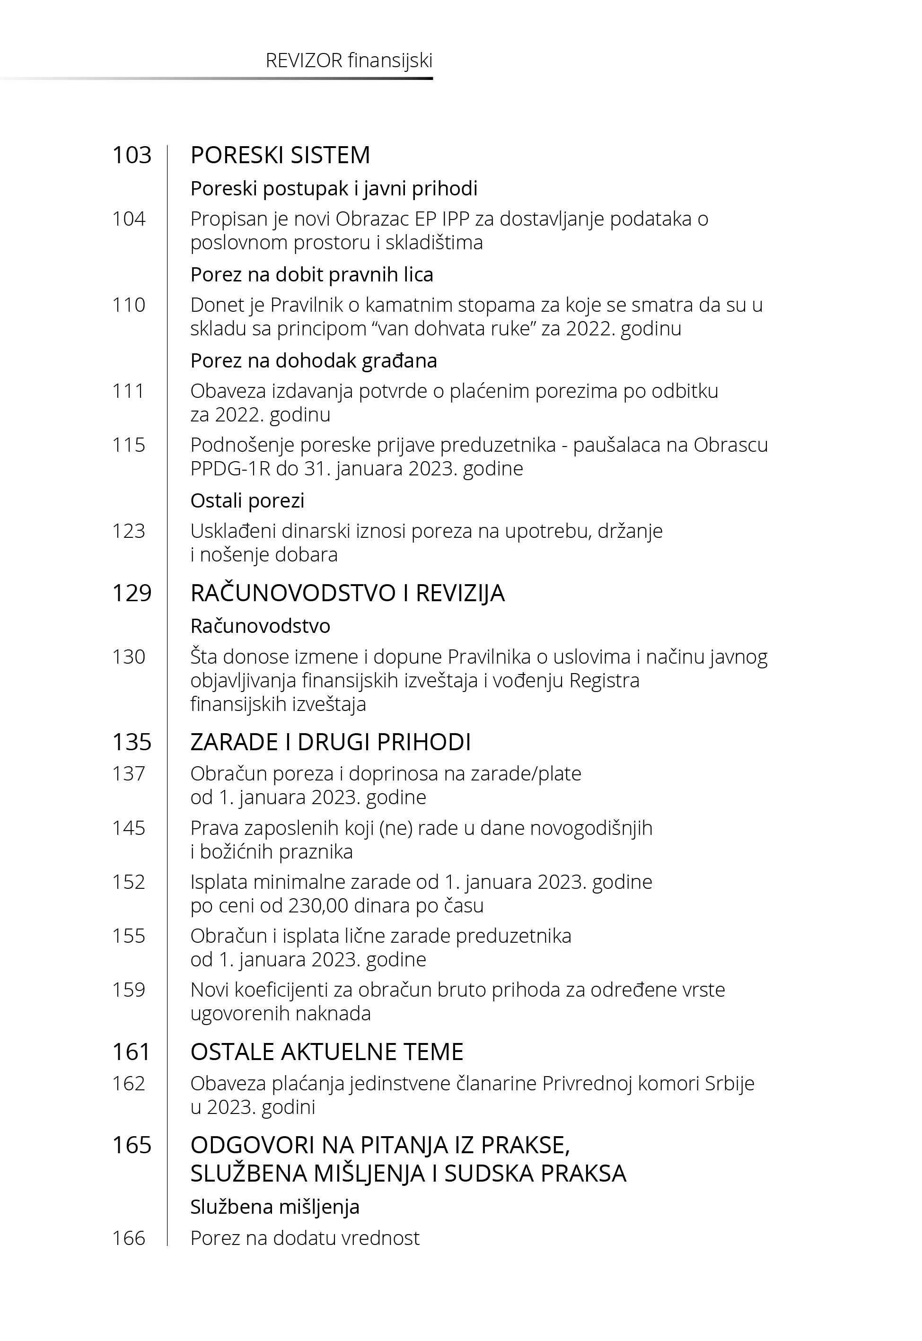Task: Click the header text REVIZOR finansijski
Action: tap(349, 61)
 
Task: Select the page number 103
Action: tap(132, 155)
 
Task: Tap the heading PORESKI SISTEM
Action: tap(280, 155)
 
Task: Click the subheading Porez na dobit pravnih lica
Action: tap(311, 274)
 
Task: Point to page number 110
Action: tap(128, 305)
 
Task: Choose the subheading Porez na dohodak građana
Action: tap(314, 361)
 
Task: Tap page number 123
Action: tap(128, 531)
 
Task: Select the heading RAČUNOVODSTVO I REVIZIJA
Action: tap(347, 593)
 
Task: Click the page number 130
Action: tap(128, 657)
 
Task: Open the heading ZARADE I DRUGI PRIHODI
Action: tap(331, 742)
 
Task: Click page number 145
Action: tap(128, 828)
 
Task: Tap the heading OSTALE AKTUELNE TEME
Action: tap(326, 1052)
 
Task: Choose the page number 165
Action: tap(132, 1145)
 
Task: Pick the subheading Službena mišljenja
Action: tap(275, 1207)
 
